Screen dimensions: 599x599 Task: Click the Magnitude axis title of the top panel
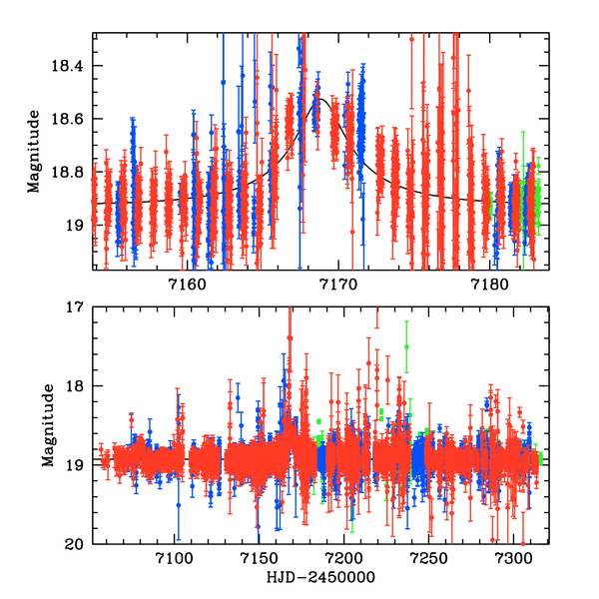(36, 151)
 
